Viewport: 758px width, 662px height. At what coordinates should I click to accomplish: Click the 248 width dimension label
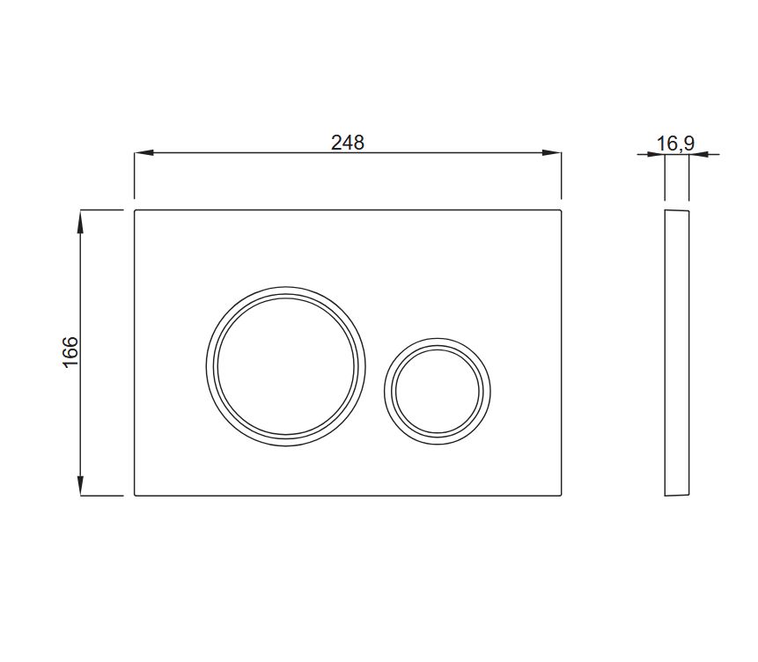(x=347, y=143)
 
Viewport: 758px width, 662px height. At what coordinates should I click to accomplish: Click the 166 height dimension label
(x=70, y=351)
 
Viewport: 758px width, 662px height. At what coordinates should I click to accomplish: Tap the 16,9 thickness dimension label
(x=675, y=143)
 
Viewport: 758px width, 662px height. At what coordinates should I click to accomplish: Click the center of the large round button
(x=286, y=366)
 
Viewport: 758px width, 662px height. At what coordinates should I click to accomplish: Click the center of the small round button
(x=438, y=391)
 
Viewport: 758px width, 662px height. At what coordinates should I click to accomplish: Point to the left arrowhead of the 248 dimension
(x=144, y=153)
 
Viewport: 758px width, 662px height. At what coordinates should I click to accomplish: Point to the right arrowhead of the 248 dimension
(x=552, y=153)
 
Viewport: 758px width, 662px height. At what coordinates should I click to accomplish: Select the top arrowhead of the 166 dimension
(x=81, y=219)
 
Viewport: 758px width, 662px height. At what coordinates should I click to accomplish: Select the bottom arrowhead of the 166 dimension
(x=81, y=486)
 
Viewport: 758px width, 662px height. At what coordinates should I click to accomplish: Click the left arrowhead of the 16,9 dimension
(x=657, y=155)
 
